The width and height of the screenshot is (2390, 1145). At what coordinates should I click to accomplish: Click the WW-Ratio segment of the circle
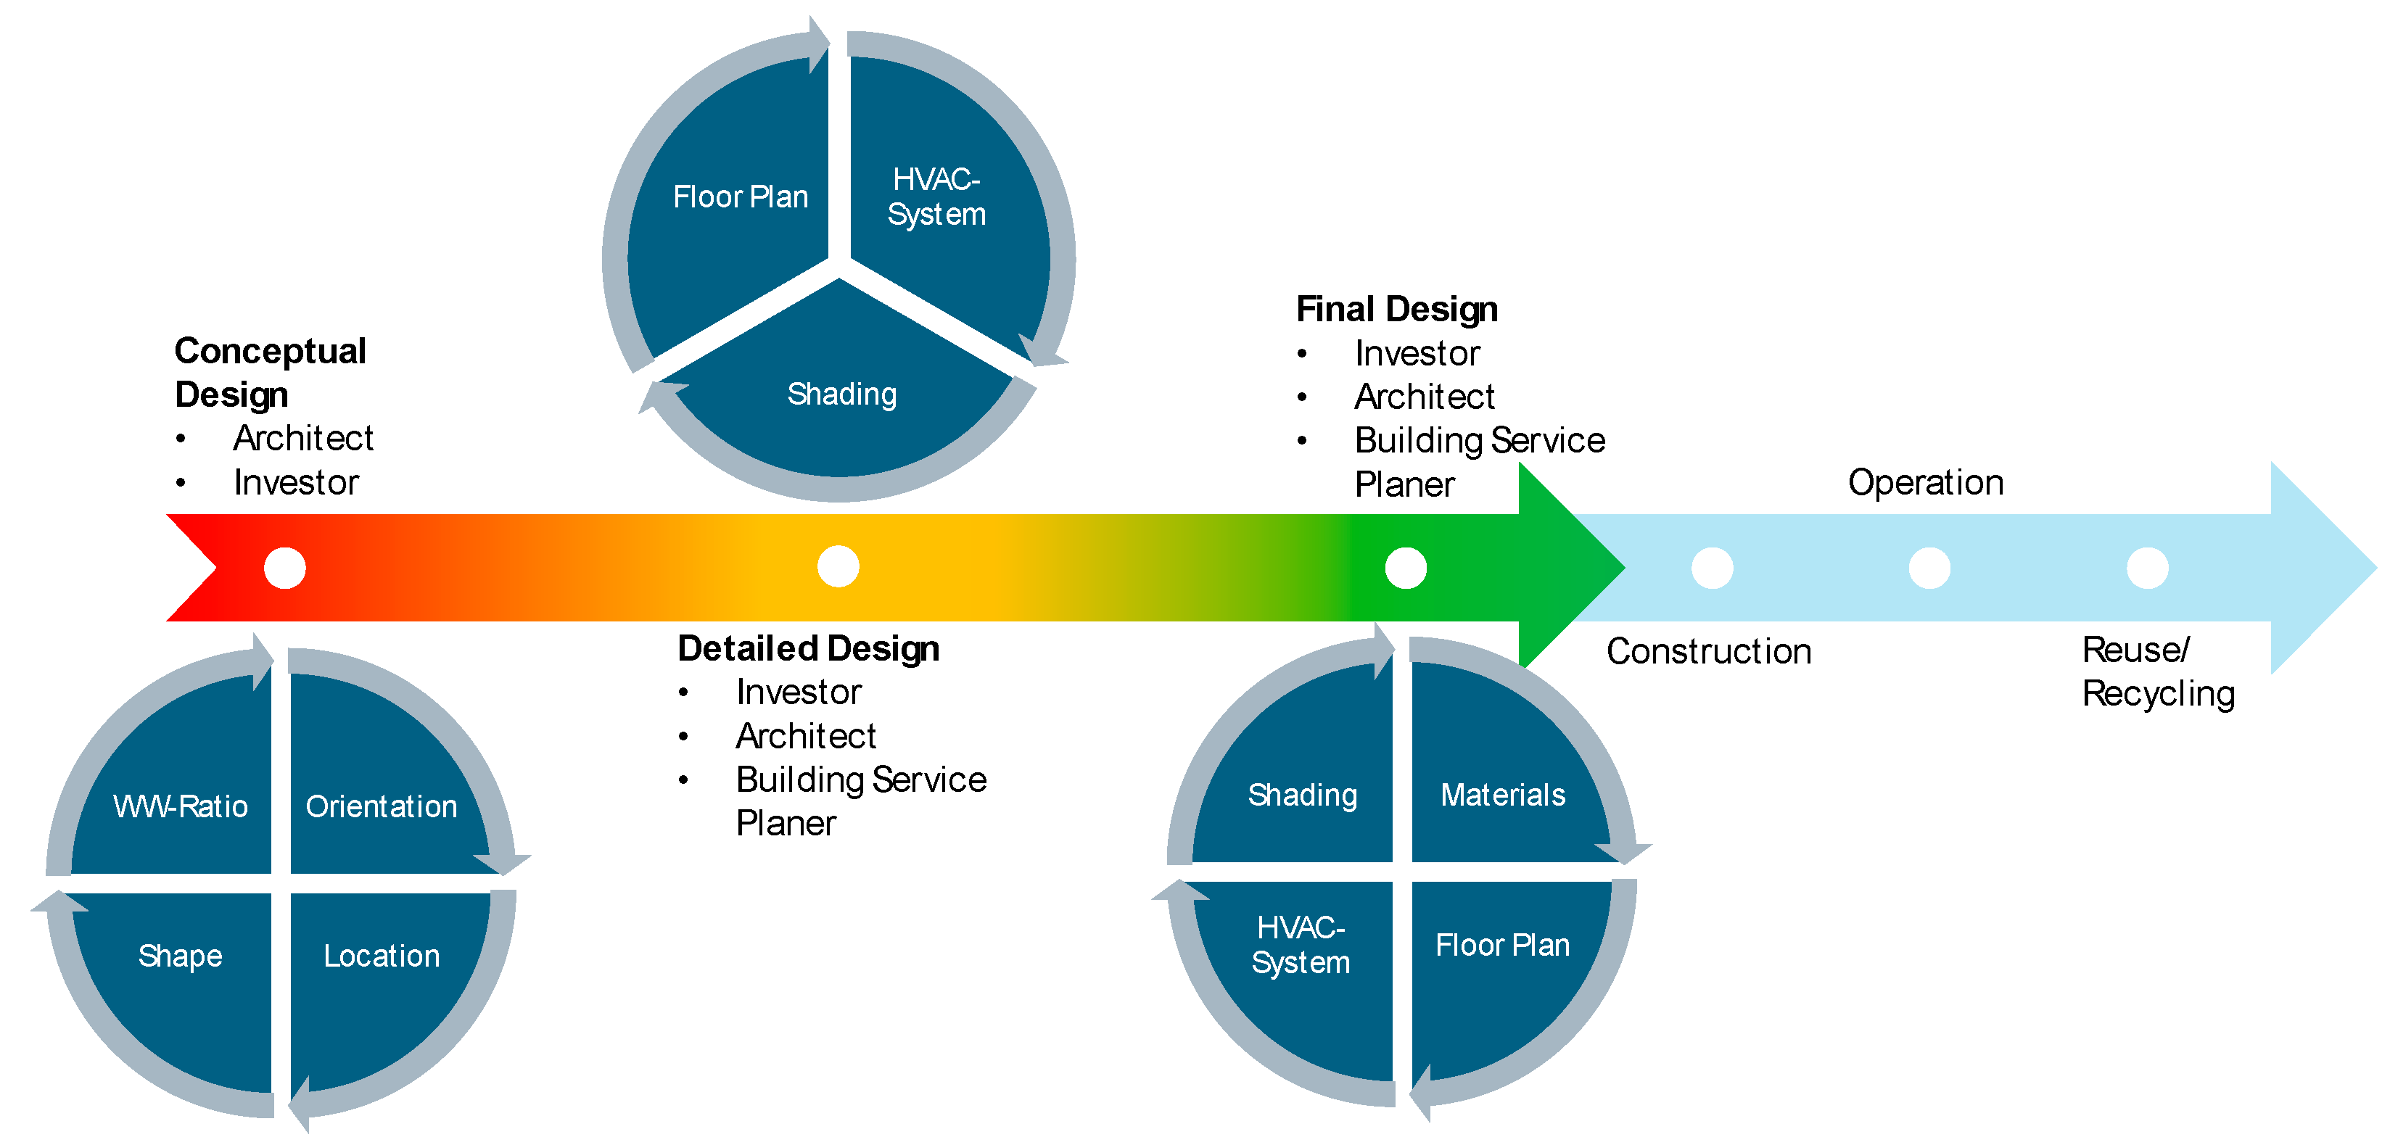180,806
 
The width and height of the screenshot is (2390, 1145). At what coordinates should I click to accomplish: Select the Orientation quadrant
382,806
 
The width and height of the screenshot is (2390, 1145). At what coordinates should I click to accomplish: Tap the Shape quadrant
180,956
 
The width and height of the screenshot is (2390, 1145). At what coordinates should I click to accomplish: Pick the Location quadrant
382,956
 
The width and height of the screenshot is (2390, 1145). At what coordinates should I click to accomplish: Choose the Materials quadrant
1503,794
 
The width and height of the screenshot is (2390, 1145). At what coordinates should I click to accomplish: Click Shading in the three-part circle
841,394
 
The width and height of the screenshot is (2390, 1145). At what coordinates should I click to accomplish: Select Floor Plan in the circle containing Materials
1502,945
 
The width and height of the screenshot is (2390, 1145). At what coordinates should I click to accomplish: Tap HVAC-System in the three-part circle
936,197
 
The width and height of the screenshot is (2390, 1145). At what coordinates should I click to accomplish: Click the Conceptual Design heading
270,372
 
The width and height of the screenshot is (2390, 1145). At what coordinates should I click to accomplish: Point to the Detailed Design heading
808,648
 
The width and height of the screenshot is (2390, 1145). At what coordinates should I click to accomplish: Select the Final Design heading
1396,309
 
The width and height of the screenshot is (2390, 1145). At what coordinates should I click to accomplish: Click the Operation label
1925,482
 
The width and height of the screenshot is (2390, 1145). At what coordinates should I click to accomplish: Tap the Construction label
1708,651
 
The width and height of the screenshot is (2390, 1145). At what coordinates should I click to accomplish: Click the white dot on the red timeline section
285,568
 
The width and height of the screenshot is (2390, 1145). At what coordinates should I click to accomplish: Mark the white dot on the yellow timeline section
838,567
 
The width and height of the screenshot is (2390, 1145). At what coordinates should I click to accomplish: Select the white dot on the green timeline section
1406,568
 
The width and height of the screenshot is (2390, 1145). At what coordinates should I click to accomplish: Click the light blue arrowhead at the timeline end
2320,568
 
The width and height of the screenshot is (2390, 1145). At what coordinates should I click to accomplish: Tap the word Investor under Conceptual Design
296,482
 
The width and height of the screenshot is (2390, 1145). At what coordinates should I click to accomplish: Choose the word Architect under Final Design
1424,396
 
